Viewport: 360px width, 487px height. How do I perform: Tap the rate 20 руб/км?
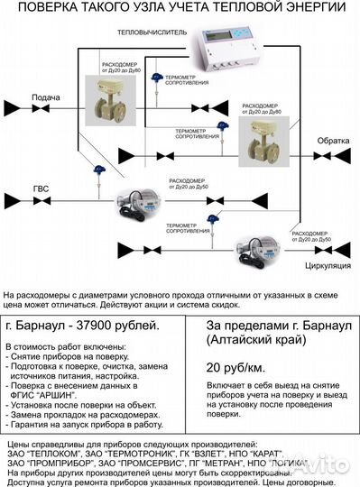coord(237,368)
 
